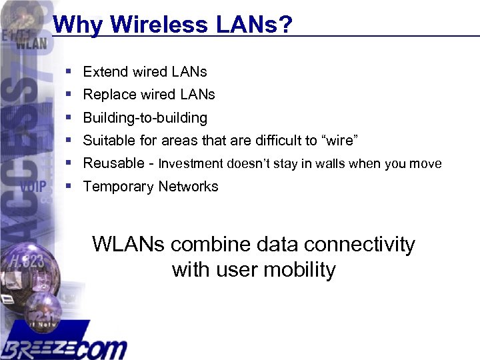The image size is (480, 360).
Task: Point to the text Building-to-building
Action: [145, 118]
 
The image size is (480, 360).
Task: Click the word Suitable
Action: [109, 141]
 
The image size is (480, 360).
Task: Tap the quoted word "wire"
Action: [340, 141]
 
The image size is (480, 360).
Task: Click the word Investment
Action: [191, 164]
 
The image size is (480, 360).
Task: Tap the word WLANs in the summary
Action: [129, 245]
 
